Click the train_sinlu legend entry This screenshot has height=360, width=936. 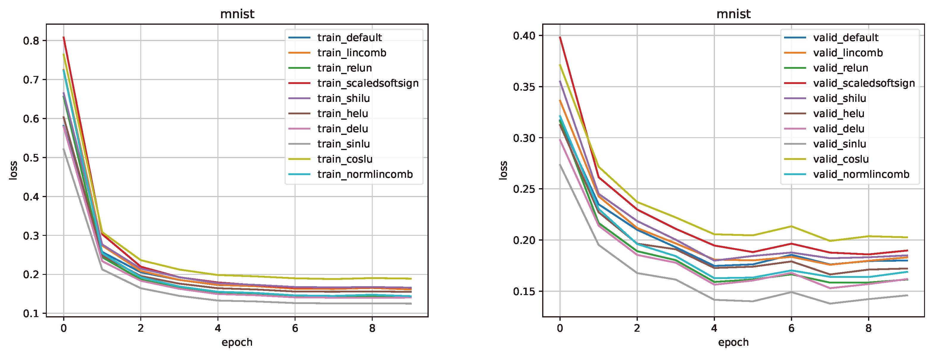pyautogui.click(x=343, y=144)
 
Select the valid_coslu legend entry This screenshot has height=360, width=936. pyautogui.click(x=841, y=159)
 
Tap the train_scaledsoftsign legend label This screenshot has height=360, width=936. pyautogui.click(x=368, y=83)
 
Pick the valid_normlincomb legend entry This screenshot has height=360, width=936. pyautogui.click(x=861, y=174)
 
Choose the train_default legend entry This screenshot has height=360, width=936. pyautogui.click(x=349, y=38)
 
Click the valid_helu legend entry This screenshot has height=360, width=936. pyautogui.click(x=839, y=114)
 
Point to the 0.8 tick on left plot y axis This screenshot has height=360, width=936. pyautogui.click(x=31, y=41)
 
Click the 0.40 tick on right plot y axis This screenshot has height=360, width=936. pyautogui.click(x=524, y=36)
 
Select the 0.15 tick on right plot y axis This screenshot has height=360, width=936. pyautogui.click(x=524, y=291)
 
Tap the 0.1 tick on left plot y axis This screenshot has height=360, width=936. pyautogui.click(x=31, y=314)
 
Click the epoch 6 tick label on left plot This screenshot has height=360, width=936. pyautogui.click(x=295, y=328)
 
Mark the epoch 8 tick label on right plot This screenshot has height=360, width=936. pyautogui.click(x=868, y=328)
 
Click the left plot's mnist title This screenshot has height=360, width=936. pyautogui.click(x=237, y=14)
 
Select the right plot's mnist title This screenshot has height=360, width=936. pyautogui.click(x=733, y=14)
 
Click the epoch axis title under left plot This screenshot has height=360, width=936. pyautogui.click(x=237, y=342)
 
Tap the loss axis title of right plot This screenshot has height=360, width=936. pyautogui.click(x=503, y=170)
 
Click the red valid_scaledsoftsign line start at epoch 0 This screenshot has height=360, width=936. pyautogui.click(x=560, y=37)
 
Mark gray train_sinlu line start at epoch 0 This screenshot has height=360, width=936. pyautogui.click(x=63, y=149)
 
